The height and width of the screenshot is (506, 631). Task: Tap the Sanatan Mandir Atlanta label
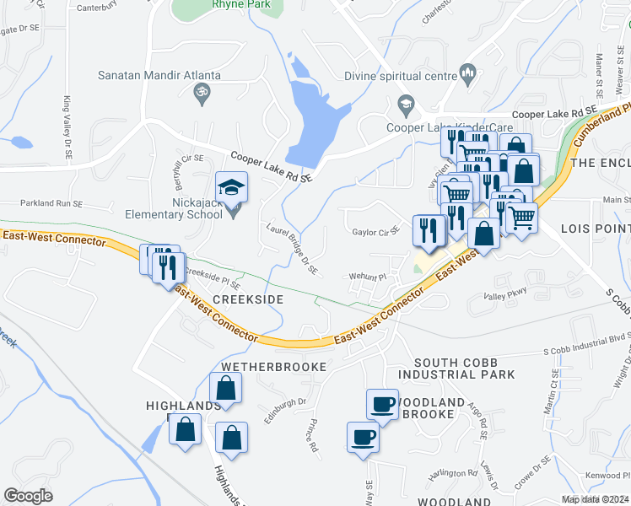tap(160, 75)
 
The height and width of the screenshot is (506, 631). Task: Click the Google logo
tap(29, 495)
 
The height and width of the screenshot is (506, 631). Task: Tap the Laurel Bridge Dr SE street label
tap(291, 249)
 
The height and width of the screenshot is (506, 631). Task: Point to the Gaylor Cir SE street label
tap(375, 231)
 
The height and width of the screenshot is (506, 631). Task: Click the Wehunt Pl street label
tap(369, 276)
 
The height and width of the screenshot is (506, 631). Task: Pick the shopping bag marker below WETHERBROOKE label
tap(225, 389)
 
